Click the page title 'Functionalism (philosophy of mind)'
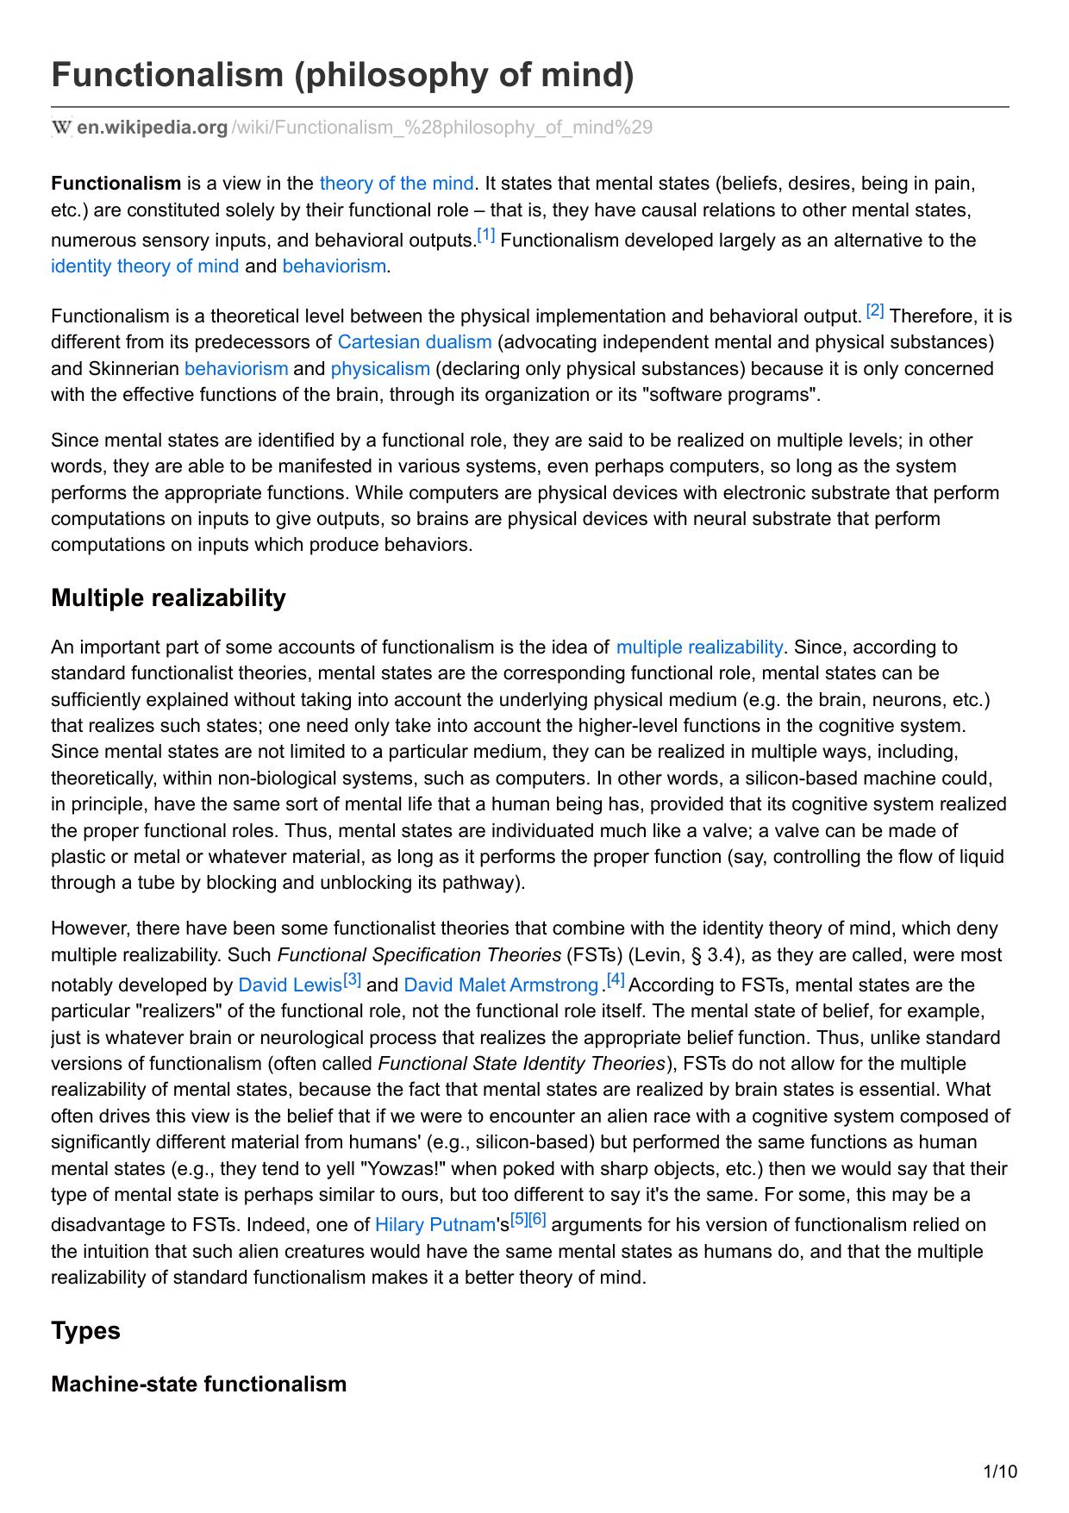coord(342,75)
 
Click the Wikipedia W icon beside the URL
coord(61,128)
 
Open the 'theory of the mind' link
coord(396,183)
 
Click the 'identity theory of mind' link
coord(145,266)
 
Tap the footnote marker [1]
coord(486,235)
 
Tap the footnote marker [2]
coord(875,310)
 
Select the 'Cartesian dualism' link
coord(414,341)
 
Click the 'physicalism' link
coord(379,368)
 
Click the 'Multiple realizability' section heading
coord(168,597)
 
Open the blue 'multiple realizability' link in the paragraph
coord(699,647)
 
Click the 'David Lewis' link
coord(290,985)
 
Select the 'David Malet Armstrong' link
coord(500,985)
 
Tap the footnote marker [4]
coord(616,980)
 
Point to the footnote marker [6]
coord(538,1220)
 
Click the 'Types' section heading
coord(85,1330)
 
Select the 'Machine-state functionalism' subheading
coord(198,1384)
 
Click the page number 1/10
coord(1000,1471)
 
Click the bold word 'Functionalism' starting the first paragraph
coord(116,183)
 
